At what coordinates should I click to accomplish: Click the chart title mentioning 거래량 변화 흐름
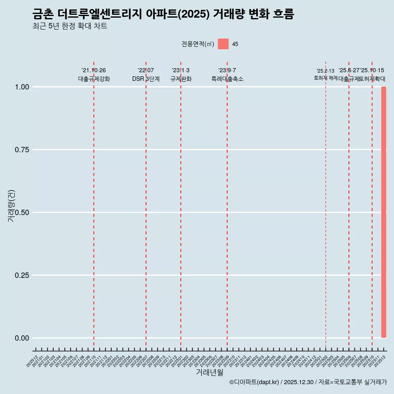click(163, 14)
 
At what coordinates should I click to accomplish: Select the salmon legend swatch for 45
click(223, 44)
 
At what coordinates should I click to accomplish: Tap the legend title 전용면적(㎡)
click(198, 44)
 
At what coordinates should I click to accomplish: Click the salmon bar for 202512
click(384, 212)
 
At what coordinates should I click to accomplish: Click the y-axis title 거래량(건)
click(11, 206)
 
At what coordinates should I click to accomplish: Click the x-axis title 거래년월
click(209, 372)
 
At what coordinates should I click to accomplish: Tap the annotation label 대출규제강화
click(94, 79)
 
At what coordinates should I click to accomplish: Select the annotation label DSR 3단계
click(146, 79)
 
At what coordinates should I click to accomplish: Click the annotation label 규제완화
click(181, 79)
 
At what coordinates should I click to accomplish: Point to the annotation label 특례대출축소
click(227, 79)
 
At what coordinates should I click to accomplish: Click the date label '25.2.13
click(325, 71)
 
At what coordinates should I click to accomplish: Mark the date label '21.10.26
click(94, 71)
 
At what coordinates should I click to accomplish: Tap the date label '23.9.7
click(227, 71)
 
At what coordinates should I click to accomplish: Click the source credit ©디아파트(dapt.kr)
click(254, 382)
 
